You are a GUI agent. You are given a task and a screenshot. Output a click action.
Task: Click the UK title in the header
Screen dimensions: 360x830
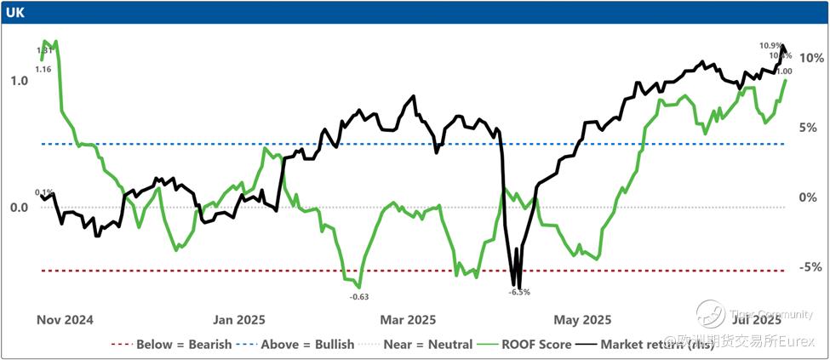[x=14, y=12]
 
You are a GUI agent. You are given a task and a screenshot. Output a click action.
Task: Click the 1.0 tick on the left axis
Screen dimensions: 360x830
[x=19, y=80]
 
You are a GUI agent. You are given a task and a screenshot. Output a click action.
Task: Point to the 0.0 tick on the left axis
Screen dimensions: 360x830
[x=19, y=208]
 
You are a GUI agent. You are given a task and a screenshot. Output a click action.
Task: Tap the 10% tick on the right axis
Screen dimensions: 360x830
[x=810, y=58]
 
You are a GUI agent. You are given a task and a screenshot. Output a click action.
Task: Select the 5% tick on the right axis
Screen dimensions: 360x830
[x=810, y=128]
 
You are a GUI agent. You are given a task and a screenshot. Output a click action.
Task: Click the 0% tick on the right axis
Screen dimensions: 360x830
[x=810, y=197]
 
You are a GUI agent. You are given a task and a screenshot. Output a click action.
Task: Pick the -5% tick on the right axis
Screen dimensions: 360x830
[x=810, y=267]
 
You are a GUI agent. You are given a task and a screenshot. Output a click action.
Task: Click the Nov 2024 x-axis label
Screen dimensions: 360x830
[x=65, y=320]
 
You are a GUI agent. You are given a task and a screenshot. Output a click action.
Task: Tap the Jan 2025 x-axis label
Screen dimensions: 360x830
[x=239, y=320]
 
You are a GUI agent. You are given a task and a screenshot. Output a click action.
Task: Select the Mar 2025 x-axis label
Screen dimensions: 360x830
[x=408, y=320]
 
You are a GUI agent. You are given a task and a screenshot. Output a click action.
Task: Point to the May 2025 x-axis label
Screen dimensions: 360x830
[x=583, y=320]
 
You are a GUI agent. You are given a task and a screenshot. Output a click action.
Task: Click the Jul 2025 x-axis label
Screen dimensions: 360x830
[x=754, y=320]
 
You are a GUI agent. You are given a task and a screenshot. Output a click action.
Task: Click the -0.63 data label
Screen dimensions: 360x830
[x=359, y=296]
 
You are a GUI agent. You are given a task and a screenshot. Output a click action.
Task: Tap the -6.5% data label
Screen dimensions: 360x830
[x=519, y=292]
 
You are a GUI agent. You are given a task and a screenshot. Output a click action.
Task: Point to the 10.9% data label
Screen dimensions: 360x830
[x=770, y=45]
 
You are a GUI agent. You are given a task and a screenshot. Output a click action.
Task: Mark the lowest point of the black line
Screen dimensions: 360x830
[x=519, y=287]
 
